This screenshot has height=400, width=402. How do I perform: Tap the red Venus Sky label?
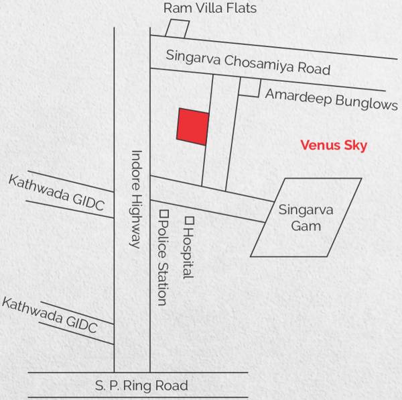(x=334, y=145)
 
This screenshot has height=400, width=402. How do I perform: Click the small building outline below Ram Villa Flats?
(x=178, y=29)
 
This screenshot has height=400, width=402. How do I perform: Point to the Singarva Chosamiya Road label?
(x=249, y=62)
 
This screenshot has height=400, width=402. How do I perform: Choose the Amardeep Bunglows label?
(x=331, y=99)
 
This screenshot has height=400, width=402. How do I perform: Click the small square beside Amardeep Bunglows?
(x=249, y=87)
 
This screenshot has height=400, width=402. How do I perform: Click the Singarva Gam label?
(x=306, y=217)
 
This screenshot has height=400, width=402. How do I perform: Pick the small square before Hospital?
(x=189, y=219)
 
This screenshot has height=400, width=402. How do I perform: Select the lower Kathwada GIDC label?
(x=50, y=315)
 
